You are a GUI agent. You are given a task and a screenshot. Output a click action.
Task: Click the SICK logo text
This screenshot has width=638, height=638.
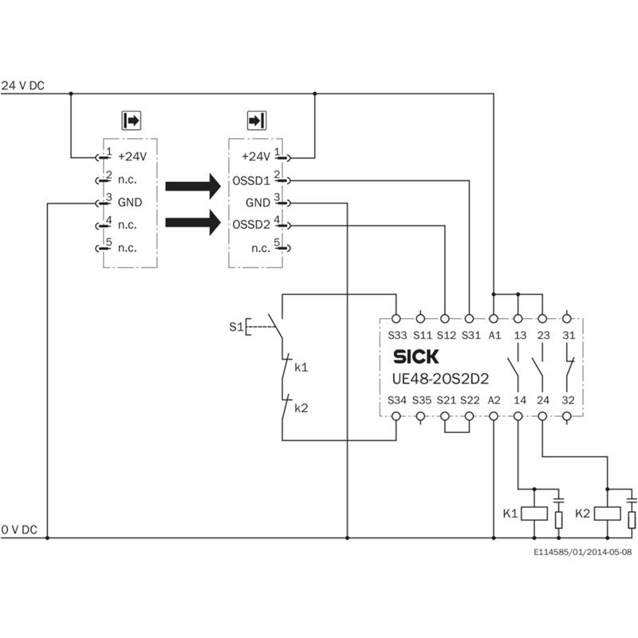point(415,356)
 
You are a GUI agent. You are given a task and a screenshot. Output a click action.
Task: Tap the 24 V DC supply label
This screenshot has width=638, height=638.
point(23,85)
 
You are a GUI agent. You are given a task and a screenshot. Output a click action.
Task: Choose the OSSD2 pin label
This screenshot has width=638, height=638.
point(251,225)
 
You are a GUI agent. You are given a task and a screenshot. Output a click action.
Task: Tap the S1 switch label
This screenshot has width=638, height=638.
point(234,326)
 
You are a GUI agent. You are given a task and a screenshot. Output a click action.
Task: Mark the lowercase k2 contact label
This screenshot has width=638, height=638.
point(301,408)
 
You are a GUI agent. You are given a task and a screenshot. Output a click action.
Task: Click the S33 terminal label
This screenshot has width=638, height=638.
point(397,335)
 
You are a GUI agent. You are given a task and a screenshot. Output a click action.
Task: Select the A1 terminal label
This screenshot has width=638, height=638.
point(494,335)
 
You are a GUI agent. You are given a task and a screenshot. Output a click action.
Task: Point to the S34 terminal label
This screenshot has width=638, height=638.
point(397,400)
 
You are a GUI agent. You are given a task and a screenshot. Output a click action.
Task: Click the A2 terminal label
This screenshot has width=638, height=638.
point(494,400)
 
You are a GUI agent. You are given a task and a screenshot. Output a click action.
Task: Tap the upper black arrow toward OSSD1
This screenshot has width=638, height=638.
point(192,185)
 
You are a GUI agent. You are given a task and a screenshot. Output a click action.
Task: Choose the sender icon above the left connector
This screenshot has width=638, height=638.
point(131,121)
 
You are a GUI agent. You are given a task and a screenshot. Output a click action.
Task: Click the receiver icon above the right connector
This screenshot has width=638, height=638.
point(256,121)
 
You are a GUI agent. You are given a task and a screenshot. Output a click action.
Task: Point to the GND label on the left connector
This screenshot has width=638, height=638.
point(130,203)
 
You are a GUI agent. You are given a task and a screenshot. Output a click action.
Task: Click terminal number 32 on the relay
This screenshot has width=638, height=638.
point(567,400)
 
